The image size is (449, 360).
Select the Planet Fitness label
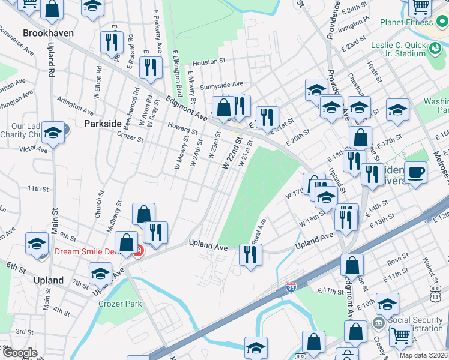tap(406, 22)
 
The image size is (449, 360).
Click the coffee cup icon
tap(416, 172)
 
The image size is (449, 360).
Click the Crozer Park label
tap(120, 304)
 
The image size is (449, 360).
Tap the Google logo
tap(20, 353)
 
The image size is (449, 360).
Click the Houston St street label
tap(209, 61)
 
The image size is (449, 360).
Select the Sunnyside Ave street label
tap(221, 85)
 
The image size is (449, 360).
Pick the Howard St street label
tap(182, 128)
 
